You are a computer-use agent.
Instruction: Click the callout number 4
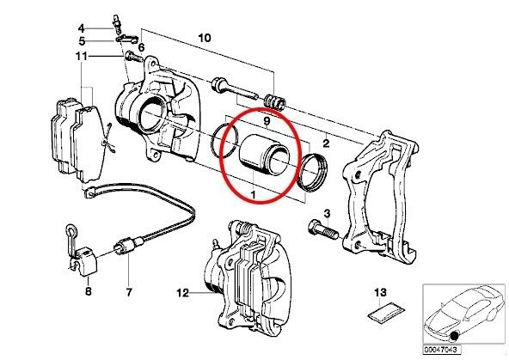coord(81,28)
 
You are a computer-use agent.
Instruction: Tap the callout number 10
coord(205,38)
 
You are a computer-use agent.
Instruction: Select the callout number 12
coord(182,293)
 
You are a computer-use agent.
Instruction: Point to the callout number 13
coord(380,292)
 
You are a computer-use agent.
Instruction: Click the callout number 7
coord(129,292)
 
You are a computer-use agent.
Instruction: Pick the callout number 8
coord(89,291)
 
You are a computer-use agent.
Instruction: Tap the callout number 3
coord(327,214)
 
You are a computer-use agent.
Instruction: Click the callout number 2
coord(326,143)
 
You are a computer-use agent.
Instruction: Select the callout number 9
coord(267,121)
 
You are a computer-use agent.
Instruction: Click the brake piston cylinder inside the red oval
coord(264,152)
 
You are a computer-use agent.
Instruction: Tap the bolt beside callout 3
coord(322,229)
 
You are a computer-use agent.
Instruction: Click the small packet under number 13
coord(386,311)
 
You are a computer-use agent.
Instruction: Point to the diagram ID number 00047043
coord(441,350)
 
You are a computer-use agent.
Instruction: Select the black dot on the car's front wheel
coord(454,337)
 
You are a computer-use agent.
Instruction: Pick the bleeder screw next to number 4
coord(117,24)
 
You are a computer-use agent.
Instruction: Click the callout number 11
coord(81,57)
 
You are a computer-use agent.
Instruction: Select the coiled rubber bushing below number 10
coord(274,101)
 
